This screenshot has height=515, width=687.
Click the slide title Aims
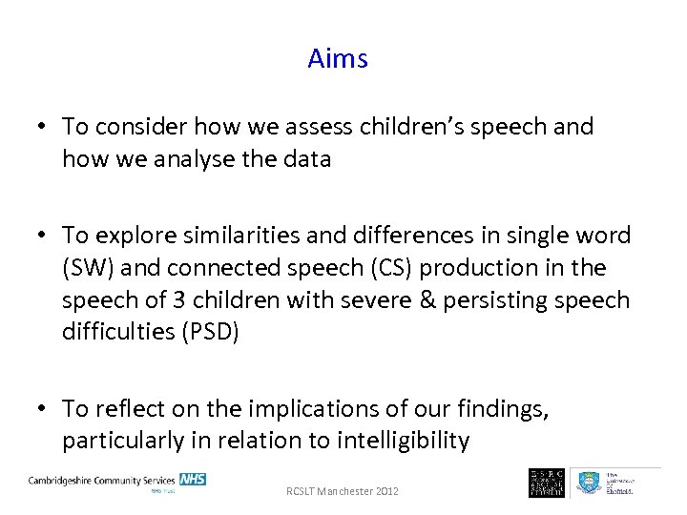click(338, 58)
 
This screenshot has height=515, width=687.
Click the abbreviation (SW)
click(87, 268)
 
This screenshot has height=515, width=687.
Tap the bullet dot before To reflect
click(44, 409)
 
